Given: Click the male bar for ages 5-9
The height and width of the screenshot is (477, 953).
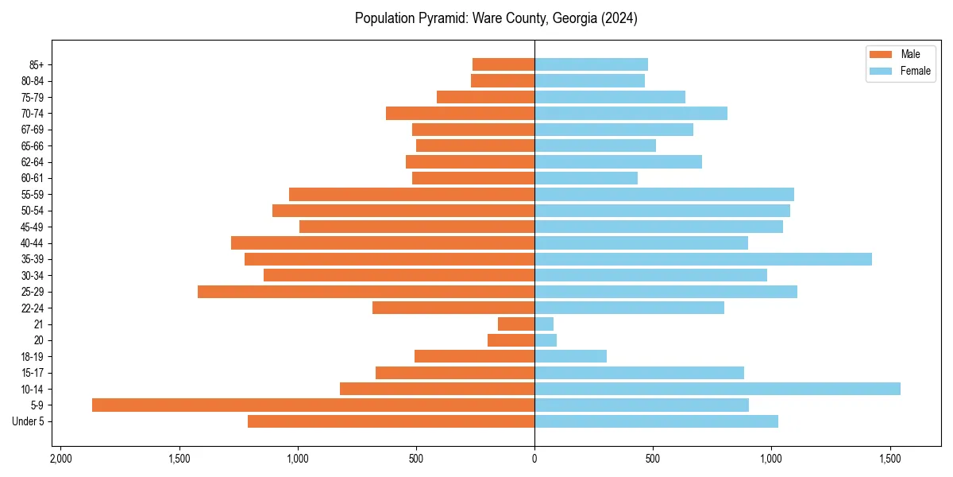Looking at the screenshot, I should pos(313,405).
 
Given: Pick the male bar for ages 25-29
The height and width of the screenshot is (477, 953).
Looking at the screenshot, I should pos(366,292).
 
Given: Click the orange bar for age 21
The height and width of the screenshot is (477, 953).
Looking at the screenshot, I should pos(516,324).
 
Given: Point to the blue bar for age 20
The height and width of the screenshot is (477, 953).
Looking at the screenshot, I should pos(546,340).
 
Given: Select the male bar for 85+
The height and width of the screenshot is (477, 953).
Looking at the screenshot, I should pos(504,64).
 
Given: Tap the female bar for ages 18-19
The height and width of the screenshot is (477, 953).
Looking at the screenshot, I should pos(570,356).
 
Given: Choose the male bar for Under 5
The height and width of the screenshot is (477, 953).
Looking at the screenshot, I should pos(391,421).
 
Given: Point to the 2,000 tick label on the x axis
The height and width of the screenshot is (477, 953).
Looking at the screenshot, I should pos(60,460).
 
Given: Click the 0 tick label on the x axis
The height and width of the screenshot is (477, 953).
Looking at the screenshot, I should pos(534,460).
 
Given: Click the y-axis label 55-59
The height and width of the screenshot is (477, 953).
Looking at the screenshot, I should pos(33,195).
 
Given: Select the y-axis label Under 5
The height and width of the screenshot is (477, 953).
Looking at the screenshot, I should pos(29,421).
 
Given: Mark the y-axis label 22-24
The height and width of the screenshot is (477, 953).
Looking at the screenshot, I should pos(33,308).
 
